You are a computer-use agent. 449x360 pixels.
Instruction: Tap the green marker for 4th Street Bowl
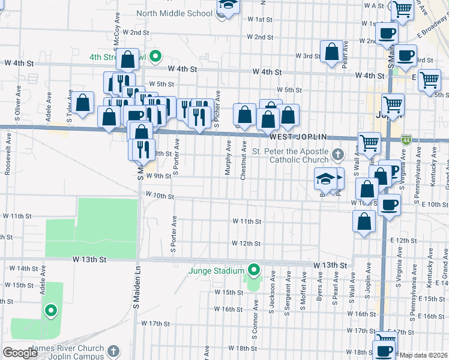coord(155,57)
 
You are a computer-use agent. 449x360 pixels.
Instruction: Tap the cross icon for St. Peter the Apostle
coord(338,155)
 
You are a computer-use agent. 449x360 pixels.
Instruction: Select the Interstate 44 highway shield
coord(406,139)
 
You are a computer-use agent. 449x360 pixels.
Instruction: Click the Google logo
coord(19,353)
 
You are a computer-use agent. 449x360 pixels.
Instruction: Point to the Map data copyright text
coord(424,355)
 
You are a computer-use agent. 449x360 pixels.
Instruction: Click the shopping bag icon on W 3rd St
coord(332,52)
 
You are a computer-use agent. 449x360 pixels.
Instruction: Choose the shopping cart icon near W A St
coord(402,9)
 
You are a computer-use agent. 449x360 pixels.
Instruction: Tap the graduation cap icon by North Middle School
coord(228,5)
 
